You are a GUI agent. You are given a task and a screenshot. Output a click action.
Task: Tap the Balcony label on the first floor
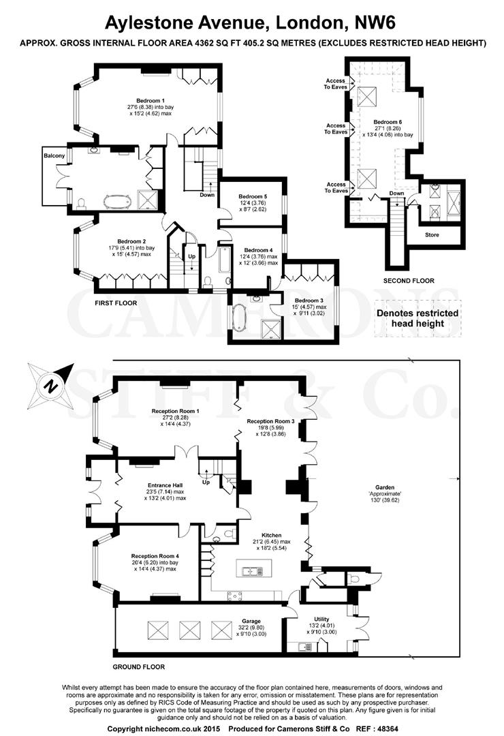(x=54, y=156)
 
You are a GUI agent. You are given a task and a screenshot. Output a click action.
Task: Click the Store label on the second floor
(x=432, y=234)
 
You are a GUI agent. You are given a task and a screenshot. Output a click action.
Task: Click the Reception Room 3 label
(x=271, y=421)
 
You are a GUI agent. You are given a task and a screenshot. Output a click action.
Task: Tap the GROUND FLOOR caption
(x=139, y=666)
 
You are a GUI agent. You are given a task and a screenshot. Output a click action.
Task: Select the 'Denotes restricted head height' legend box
(x=418, y=318)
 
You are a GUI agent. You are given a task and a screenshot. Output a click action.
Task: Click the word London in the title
(x=303, y=22)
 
